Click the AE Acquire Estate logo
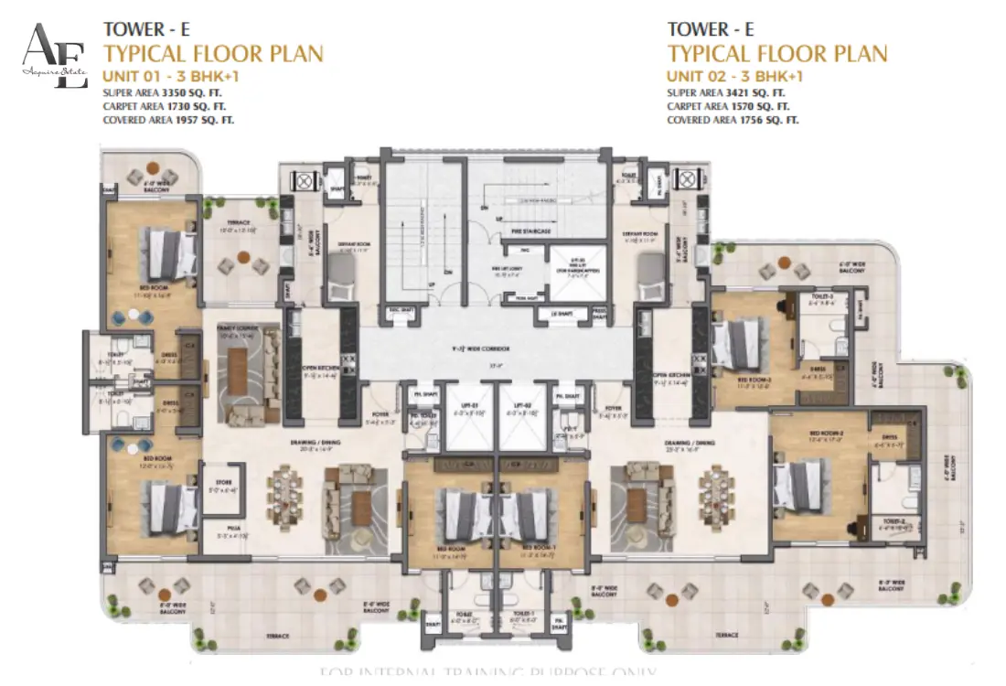54,56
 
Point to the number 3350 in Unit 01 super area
173,93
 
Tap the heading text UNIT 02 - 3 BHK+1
734,76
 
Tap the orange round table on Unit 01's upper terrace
244,257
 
